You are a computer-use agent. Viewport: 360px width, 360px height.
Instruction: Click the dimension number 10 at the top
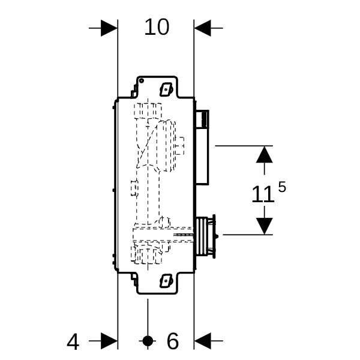pos(157,27)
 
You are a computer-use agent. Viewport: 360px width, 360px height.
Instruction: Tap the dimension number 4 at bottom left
pos(73,342)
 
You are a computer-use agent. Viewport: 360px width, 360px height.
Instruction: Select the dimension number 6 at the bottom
pos(173,341)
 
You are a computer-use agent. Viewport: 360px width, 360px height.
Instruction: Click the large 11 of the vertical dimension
pos(263,194)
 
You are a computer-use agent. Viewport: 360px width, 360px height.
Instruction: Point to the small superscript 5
pos(282,187)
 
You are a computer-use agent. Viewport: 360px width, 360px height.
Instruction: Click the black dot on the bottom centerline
pos(148,341)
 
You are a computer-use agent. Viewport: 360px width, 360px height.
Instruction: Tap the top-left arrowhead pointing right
pos(109,28)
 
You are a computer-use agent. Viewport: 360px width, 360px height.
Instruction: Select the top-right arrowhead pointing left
pos(203,28)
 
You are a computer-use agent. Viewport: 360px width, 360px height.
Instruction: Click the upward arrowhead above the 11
pos(264,155)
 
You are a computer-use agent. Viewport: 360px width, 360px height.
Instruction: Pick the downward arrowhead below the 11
pos(264,226)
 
